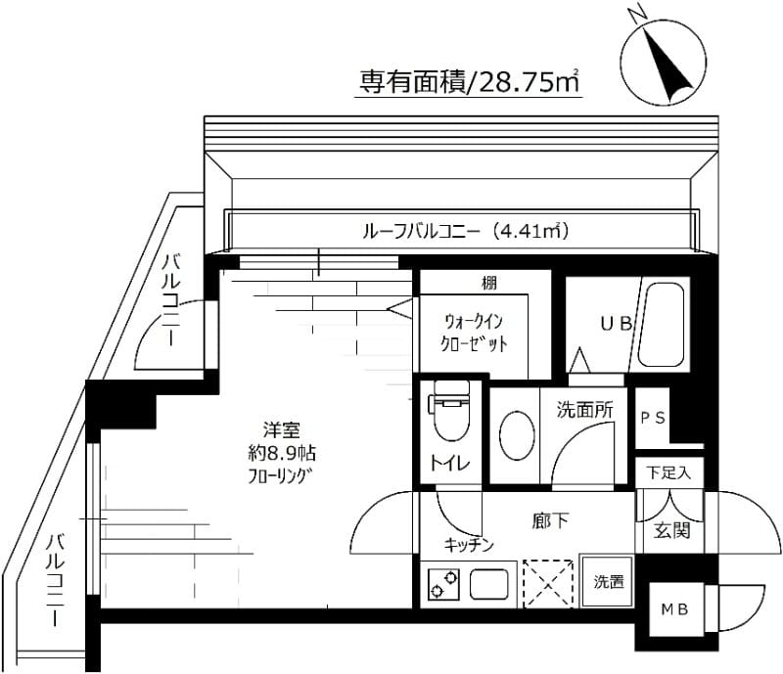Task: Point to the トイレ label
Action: (x=449, y=464)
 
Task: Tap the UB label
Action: (x=615, y=324)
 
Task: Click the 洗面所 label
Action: (x=585, y=411)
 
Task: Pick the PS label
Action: (x=653, y=417)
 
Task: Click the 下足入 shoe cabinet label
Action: (x=668, y=472)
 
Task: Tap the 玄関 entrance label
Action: (x=672, y=531)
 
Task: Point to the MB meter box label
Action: (x=672, y=609)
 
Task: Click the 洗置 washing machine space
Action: (x=608, y=582)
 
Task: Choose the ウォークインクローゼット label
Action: (x=475, y=332)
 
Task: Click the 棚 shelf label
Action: (x=488, y=284)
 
